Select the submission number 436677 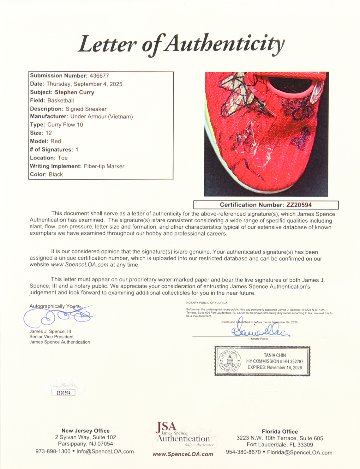99,76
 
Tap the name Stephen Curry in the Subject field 75,92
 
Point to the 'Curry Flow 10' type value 65,125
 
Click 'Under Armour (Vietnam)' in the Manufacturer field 101,117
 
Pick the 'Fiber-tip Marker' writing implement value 104,166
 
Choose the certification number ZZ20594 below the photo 299,205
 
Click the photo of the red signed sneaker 266,134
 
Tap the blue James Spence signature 58,316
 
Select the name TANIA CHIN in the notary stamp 275,355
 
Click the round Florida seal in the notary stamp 230,361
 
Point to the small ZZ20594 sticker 63,393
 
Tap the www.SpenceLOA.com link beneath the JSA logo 183,454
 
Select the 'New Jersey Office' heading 86,430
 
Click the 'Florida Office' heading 279,431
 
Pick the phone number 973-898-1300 53,452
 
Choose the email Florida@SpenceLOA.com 299,453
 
